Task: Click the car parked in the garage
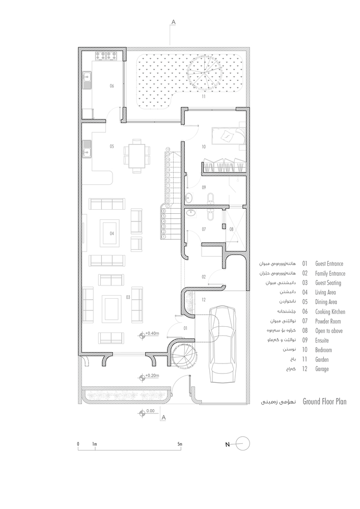click(x=223, y=344)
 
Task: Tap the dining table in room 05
click(x=137, y=154)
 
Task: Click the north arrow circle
click(x=242, y=444)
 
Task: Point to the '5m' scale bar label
click(x=180, y=444)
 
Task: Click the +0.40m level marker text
click(x=152, y=333)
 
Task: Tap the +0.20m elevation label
click(x=152, y=376)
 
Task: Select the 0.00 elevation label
click(x=150, y=411)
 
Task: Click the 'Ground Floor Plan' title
click(x=325, y=402)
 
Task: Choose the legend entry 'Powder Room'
click(x=328, y=321)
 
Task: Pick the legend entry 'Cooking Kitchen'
click(x=330, y=312)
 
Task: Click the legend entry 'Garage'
click(x=322, y=369)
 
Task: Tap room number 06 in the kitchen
click(x=112, y=86)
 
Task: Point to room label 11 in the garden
click(x=204, y=96)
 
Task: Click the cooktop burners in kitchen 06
click(x=106, y=56)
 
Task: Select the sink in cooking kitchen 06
click(x=87, y=80)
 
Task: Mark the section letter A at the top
click(x=173, y=22)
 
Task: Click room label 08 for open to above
click(x=232, y=229)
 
